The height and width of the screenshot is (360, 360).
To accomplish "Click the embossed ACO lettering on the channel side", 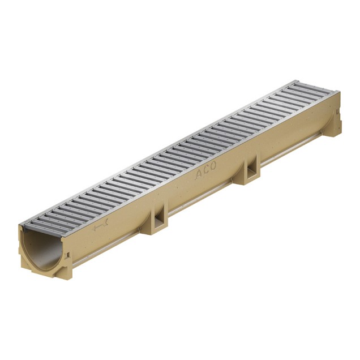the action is [x=206, y=170].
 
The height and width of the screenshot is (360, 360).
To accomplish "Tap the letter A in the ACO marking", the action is [x=199, y=174].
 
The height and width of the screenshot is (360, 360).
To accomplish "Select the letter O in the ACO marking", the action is [x=213, y=166].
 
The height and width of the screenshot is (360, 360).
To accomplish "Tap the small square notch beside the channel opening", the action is [x=67, y=255].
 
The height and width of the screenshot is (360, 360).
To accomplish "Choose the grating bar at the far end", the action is [x=314, y=85].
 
